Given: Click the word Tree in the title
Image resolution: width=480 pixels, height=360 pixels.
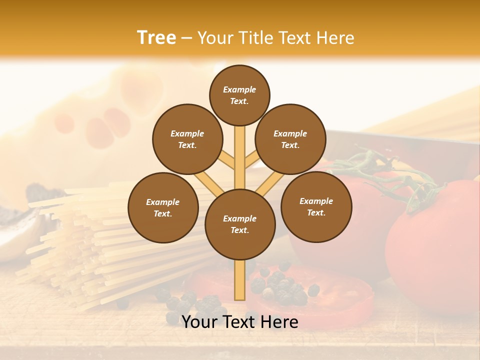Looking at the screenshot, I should (x=156, y=37).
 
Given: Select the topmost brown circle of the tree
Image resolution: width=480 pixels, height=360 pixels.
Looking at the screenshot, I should (x=239, y=95).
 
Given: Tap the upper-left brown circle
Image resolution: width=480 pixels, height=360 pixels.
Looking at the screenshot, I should (x=187, y=139).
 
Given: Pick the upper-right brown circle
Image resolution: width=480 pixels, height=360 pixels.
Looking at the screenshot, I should (x=290, y=139).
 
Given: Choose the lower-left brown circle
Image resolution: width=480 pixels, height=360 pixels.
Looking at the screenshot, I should (x=163, y=207).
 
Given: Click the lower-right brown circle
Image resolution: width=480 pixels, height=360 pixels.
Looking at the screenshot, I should (x=316, y=206).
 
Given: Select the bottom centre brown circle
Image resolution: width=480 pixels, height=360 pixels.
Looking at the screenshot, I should (x=240, y=224).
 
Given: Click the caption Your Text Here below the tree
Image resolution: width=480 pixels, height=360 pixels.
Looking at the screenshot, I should (x=240, y=322).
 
